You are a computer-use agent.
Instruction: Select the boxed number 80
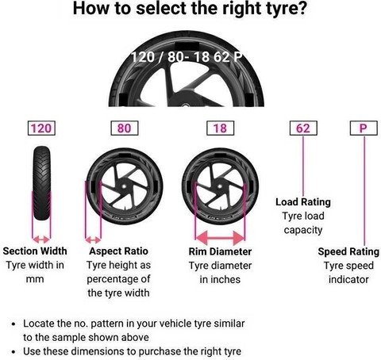123,128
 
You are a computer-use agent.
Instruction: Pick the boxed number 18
220,128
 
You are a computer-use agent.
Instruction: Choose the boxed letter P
362,128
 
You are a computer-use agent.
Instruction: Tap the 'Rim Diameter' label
220,250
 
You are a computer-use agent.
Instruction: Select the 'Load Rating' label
302,201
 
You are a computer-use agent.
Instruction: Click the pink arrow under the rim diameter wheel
220,237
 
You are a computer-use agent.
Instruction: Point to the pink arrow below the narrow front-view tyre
40,238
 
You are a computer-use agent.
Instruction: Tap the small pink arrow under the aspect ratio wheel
94,238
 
